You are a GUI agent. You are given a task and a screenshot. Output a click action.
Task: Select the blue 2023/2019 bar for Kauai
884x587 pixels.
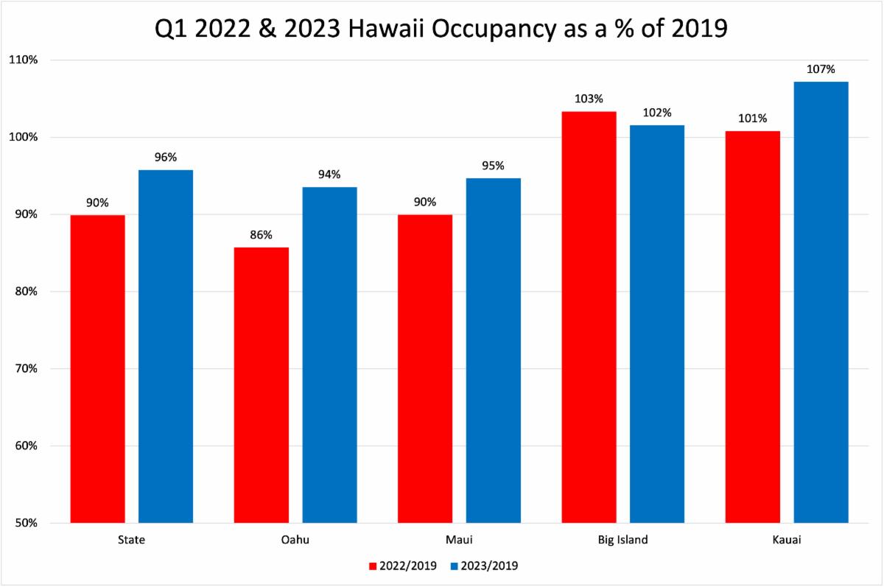pyautogui.click(x=821, y=302)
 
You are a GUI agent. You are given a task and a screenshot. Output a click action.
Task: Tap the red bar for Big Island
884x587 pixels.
pyautogui.click(x=589, y=317)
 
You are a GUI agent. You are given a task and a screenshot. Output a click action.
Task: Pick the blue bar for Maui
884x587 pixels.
pyautogui.click(x=493, y=351)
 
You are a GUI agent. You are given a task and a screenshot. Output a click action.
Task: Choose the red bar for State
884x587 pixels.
pyautogui.click(x=97, y=368)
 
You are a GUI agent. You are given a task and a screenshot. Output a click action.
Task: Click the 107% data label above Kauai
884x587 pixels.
pyautogui.click(x=821, y=70)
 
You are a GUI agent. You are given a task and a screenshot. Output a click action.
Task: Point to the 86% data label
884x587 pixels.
pyautogui.click(x=261, y=236)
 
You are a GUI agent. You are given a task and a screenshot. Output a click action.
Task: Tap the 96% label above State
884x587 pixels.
pyautogui.click(x=166, y=158)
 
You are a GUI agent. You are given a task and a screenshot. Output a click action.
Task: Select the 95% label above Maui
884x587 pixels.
pyautogui.click(x=493, y=166)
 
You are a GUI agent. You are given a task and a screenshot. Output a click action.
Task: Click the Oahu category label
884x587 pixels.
pyautogui.click(x=295, y=540)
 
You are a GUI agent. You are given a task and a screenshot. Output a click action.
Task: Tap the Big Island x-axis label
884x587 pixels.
pyautogui.click(x=622, y=540)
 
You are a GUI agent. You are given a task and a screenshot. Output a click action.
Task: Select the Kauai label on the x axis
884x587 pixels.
pyautogui.click(x=787, y=540)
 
